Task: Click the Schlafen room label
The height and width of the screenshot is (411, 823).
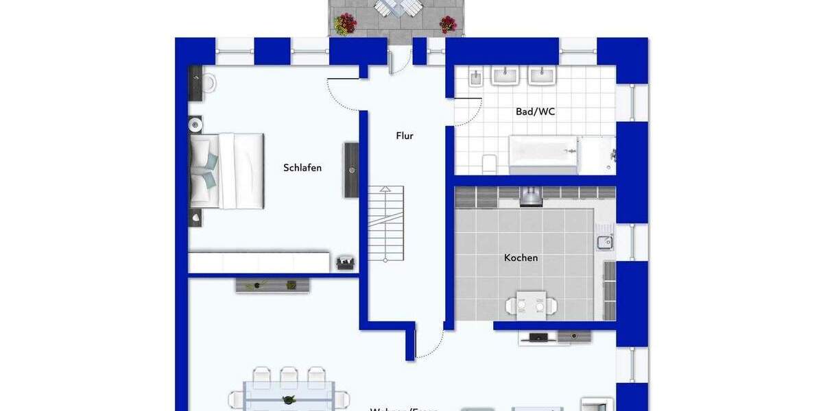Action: pyautogui.click(x=302, y=168)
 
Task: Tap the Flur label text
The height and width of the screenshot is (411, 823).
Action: pyautogui.click(x=405, y=136)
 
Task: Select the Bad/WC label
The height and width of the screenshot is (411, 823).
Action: pyautogui.click(x=535, y=112)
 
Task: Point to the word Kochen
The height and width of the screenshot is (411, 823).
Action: pyautogui.click(x=521, y=258)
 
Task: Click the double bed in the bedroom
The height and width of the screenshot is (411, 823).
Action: pyautogui.click(x=226, y=170)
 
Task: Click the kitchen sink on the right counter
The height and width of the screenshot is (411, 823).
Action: pyautogui.click(x=604, y=241)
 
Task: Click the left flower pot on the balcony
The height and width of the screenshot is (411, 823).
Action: pyautogui.click(x=345, y=24)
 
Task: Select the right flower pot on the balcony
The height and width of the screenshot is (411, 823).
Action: pyautogui.click(x=448, y=24)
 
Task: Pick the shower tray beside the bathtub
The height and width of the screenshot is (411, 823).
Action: pyautogui.click(x=597, y=155)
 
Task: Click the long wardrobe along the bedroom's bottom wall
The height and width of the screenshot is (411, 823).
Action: pyautogui.click(x=259, y=262)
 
